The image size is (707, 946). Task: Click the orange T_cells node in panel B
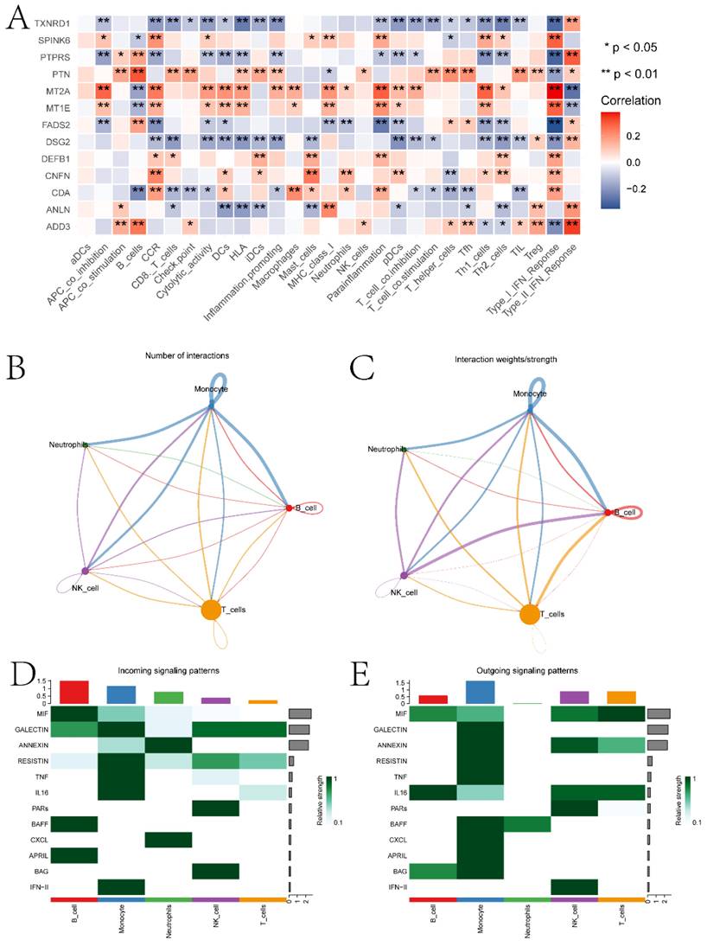[x=211, y=610]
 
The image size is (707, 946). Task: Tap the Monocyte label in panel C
[x=529, y=393]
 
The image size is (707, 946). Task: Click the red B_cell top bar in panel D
[x=74, y=692]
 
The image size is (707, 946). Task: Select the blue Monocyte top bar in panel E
[x=480, y=692]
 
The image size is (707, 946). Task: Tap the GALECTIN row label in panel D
[x=31, y=729]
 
